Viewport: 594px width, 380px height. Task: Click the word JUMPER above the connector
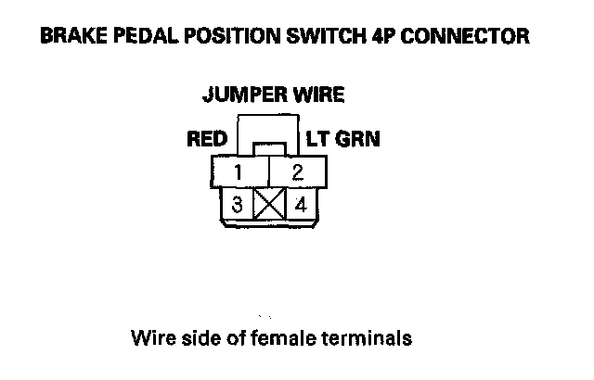[x=238, y=95]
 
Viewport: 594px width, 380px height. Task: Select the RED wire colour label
[x=207, y=140]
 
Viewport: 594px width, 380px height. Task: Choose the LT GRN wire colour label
[x=342, y=140]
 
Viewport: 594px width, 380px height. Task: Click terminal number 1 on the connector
[x=239, y=172]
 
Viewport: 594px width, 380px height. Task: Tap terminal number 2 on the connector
[x=297, y=172]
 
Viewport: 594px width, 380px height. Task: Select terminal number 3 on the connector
[x=239, y=205]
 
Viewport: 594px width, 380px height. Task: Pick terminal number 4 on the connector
[x=299, y=205]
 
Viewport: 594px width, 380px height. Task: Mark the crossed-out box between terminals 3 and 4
[x=269, y=205]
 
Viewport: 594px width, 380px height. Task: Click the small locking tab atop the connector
[x=268, y=149]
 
